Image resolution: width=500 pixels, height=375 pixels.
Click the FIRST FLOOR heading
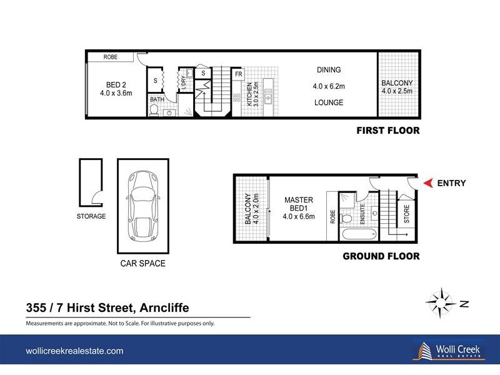point(387,131)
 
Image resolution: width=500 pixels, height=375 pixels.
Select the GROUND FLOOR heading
point(381,256)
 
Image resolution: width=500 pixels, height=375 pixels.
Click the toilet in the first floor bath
point(154,111)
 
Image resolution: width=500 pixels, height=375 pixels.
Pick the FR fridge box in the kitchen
point(238,74)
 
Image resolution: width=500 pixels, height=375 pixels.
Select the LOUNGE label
point(329,102)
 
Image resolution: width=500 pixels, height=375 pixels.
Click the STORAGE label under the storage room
point(91,216)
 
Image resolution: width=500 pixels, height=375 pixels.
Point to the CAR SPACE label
point(142,263)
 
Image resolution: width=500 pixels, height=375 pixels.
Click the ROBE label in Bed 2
point(111,57)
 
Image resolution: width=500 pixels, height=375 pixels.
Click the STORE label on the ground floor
point(407,214)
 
